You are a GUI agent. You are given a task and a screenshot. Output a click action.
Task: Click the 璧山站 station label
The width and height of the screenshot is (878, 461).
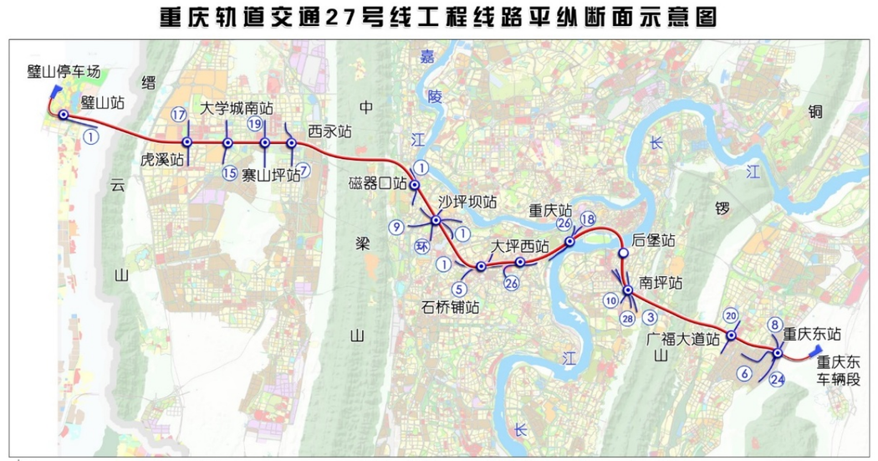click(x=104, y=103)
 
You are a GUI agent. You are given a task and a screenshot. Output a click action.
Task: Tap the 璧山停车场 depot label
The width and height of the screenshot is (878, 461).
click(x=63, y=72)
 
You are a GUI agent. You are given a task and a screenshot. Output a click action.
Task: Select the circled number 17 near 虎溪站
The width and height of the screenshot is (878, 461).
click(x=177, y=115)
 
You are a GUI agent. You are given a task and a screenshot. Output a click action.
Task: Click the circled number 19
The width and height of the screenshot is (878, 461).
click(x=256, y=124)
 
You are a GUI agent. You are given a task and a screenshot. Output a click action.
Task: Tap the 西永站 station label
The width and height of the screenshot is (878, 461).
click(x=329, y=131)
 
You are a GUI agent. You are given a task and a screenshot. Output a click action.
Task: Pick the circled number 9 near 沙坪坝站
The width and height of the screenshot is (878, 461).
click(x=397, y=226)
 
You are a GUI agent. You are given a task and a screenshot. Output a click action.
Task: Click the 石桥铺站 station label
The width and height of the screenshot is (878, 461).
click(x=451, y=306)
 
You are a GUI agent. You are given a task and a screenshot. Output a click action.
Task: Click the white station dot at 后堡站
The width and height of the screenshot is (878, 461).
click(x=623, y=253)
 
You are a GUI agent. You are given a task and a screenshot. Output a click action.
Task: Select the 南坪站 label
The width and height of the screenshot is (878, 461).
click(x=661, y=283)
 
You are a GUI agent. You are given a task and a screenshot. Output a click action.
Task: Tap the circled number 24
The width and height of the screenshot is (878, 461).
click(x=778, y=379)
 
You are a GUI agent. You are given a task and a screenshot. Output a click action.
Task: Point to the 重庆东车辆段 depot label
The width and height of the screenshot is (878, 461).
click(x=839, y=371)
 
